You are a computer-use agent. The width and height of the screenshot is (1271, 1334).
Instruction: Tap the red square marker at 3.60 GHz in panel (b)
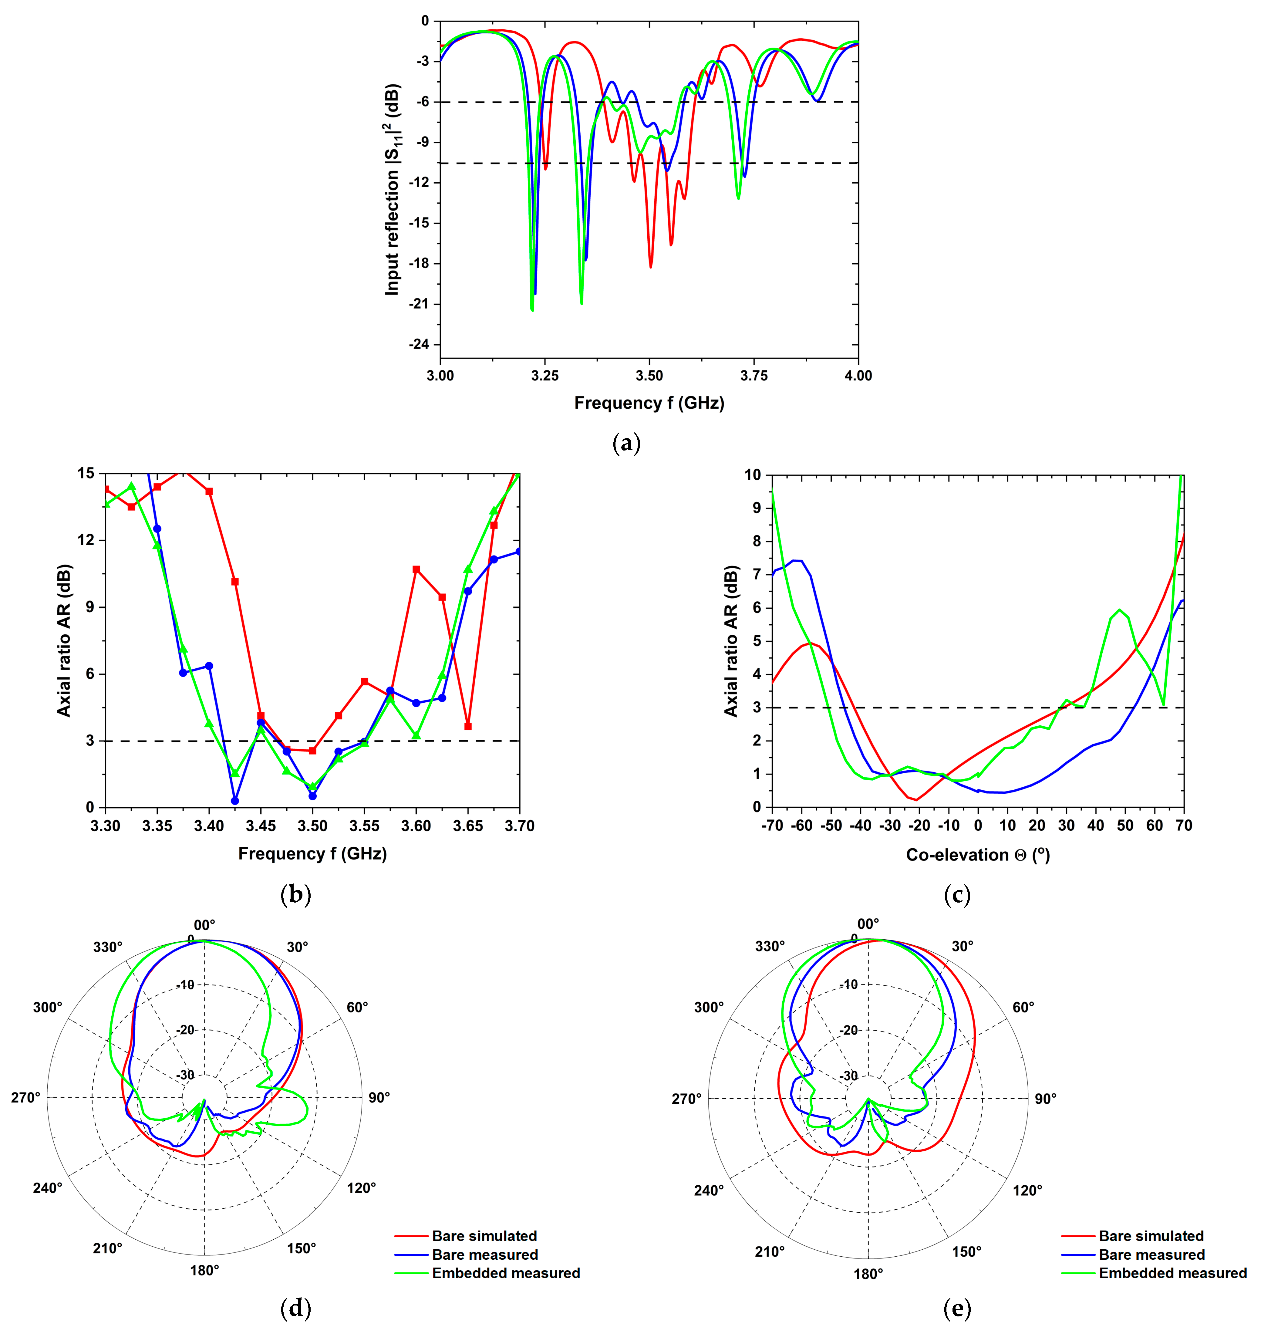pos(416,569)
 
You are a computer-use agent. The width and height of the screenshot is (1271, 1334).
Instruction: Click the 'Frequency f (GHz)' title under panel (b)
pos(312,854)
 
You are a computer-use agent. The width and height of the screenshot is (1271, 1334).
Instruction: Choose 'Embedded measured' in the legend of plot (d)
pos(505,1273)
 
